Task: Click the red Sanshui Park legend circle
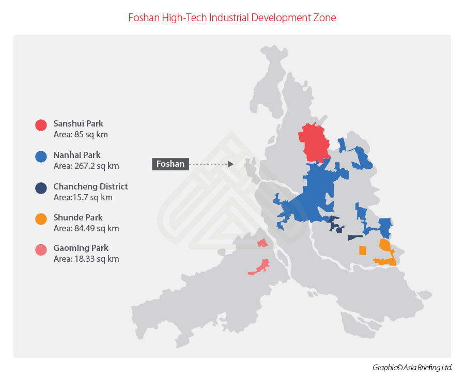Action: [41, 125]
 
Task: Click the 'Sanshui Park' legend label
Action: [78, 124]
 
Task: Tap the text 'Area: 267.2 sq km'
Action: [86, 166]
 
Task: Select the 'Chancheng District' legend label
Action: [90, 186]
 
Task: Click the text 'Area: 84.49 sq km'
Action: [86, 228]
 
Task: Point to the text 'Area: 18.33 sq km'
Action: [86, 259]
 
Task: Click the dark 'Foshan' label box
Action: [171, 164]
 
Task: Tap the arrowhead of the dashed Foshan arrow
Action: [231, 164]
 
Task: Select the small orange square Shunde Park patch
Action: [363, 250]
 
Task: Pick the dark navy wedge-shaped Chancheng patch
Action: [355, 237]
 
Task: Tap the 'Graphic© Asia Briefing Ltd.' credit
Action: [412, 368]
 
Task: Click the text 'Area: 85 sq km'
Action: [81, 135]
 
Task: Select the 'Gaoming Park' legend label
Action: [81, 248]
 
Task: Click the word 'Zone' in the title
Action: [326, 18]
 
